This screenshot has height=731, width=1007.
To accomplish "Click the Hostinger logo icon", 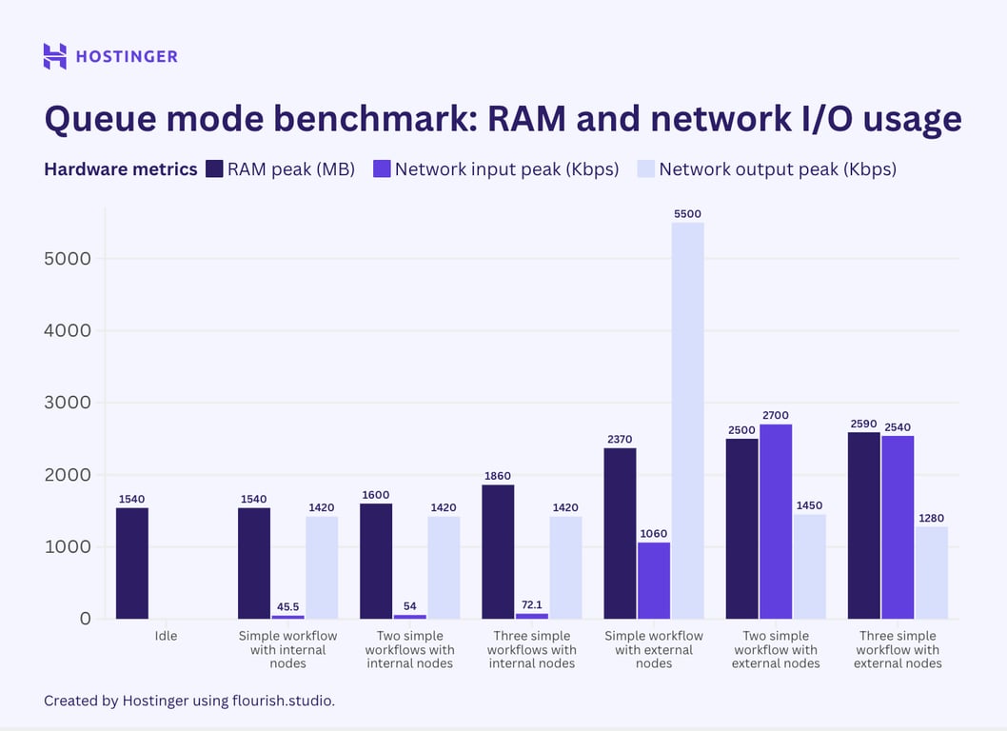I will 55,56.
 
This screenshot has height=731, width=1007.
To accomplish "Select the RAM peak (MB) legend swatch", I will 213,169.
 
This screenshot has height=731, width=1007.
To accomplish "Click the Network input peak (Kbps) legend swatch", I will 381,169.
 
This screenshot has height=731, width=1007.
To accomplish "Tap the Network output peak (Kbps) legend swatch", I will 645,169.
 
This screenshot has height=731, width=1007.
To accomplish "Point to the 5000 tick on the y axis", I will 68,259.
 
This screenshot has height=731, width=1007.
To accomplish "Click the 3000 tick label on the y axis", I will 68,403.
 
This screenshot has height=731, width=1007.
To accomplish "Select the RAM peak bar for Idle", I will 132,563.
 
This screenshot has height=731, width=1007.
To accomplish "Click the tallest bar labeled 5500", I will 687,421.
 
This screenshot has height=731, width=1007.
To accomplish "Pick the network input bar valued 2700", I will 775,522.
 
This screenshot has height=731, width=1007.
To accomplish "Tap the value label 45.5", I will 287,606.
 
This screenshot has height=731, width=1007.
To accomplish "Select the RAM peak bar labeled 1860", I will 498,552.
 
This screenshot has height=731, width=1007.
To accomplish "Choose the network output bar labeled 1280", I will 931,573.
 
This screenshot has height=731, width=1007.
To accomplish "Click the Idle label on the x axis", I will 166,636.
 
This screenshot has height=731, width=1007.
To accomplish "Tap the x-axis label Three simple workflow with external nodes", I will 897,649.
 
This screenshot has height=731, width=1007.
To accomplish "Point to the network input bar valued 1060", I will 654,581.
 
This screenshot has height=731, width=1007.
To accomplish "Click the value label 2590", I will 864,423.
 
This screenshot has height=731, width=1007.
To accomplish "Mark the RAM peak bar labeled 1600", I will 376,562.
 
